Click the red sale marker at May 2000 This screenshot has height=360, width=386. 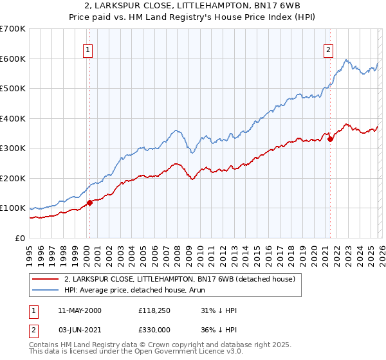click(89, 203)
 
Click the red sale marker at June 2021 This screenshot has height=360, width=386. click(330, 138)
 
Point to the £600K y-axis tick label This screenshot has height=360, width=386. click(13, 59)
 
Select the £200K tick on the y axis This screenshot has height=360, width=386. click(13, 178)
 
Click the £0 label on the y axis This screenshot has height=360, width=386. click(21, 238)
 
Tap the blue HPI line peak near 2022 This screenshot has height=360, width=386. click(346, 60)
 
